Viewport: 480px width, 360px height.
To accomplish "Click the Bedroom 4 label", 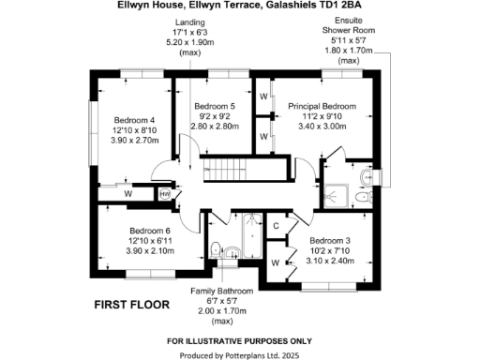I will tap(134, 120).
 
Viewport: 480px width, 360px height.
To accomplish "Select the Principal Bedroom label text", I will tap(322, 106).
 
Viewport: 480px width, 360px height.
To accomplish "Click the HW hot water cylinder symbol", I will tap(164, 194).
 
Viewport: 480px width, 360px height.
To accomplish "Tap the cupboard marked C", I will tap(277, 226).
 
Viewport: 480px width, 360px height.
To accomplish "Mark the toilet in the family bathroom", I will tap(215, 250).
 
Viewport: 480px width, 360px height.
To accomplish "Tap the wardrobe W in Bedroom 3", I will tap(275, 262).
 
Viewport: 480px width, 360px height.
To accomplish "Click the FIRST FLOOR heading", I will tap(131, 305).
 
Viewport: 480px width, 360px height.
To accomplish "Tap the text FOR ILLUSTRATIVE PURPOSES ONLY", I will tap(239, 339).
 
